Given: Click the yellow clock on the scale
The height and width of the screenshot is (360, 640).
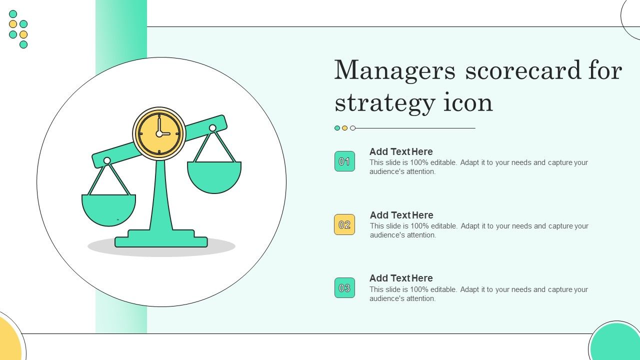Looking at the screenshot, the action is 159,133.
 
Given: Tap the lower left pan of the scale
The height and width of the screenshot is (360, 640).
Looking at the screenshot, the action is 108,210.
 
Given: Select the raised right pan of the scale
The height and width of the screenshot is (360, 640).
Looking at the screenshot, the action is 214,177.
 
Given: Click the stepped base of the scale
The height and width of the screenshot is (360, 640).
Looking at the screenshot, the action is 161,238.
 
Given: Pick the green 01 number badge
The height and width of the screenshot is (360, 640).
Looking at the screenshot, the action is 344,161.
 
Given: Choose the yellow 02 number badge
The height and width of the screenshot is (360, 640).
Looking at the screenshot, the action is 344,224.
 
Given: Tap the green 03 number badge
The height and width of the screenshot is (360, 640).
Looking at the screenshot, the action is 344,287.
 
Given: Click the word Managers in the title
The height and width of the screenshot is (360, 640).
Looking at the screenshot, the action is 395,70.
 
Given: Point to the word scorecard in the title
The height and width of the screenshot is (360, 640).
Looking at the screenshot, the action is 523,70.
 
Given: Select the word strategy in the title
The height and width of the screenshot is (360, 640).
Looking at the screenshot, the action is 385,103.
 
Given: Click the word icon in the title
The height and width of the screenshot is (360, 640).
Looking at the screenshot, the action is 468,102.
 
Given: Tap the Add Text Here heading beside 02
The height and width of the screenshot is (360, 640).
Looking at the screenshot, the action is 401,215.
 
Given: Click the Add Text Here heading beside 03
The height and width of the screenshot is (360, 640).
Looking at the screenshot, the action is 401,278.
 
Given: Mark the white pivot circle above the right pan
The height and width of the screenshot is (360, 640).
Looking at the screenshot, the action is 212,128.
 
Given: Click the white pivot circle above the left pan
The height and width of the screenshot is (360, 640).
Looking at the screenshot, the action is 107,160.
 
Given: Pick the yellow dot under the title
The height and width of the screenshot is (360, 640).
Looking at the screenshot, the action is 345,128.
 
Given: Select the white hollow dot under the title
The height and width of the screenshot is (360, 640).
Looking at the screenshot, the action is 353,128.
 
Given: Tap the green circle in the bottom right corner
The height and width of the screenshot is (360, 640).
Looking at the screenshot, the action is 615,341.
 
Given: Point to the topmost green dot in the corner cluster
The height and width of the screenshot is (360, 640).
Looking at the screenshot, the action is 13,14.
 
